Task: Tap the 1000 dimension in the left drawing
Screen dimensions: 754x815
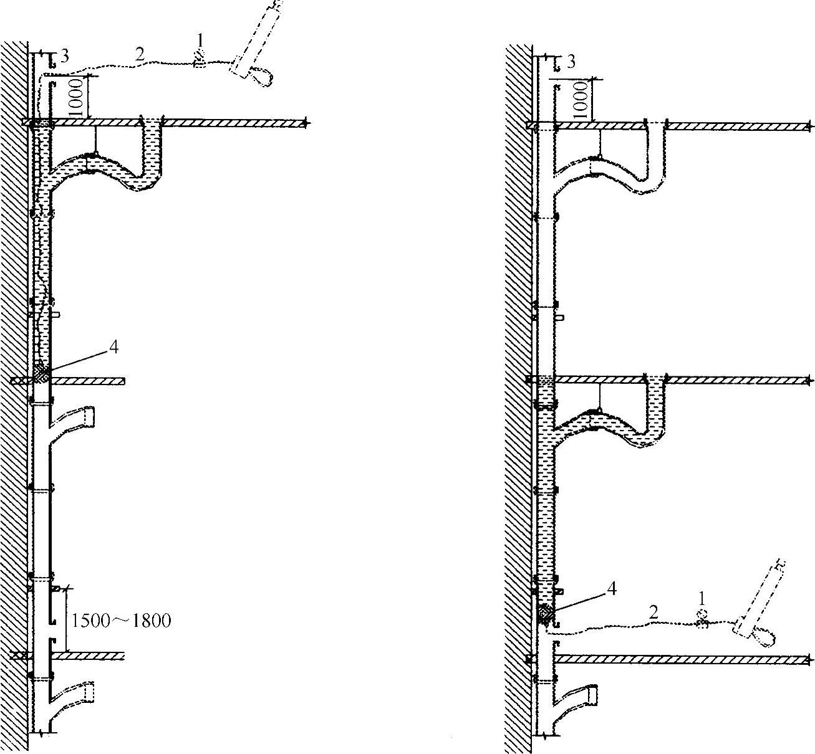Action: coord(75,97)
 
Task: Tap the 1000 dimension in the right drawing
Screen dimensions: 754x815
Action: coord(581,100)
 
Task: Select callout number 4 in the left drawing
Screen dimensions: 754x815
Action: coord(113,348)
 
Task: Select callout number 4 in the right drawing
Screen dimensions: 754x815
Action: coord(612,588)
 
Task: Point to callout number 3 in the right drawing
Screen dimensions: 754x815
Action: coord(571,62)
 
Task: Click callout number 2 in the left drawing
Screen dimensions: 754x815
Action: coord(140,54)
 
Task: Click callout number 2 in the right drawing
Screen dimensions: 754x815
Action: coord(653,612)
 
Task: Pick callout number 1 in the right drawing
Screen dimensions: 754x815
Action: coord(702,598)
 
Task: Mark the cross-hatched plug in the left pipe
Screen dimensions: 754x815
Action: coord(42,373)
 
